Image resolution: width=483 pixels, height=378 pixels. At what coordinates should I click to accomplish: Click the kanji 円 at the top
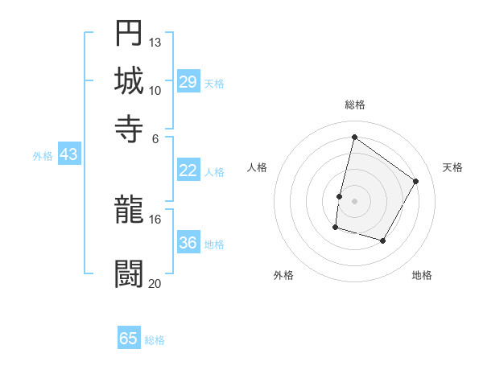click(129, 33)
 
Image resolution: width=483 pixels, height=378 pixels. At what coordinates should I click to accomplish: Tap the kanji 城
click(129, 81)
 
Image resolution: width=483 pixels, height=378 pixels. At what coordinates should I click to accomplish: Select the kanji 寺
click(129, 129)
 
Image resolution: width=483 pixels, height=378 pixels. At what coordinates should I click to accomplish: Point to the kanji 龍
click(129, 211)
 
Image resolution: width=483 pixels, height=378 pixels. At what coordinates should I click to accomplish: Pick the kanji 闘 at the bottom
click(129, 274)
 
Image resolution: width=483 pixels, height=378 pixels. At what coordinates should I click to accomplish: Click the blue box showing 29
click(188, 82)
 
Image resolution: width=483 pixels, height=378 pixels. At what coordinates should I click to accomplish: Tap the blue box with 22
click(188, 171)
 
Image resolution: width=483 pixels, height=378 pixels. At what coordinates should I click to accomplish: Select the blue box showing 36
click(188, 244)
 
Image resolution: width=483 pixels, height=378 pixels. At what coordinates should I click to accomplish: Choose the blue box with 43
click(68, 154)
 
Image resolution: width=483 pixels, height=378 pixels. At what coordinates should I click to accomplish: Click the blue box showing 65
click(129, 339)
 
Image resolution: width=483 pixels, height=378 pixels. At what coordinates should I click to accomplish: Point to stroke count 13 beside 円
click(155, 42)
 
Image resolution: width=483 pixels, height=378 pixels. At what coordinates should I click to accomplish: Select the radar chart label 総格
click(354, 105)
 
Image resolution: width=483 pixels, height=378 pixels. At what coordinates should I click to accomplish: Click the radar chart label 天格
click(452, 167)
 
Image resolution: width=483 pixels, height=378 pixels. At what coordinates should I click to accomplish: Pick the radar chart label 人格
click(257, 167)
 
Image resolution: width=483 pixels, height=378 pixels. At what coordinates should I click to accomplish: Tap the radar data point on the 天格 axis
click(416, 181)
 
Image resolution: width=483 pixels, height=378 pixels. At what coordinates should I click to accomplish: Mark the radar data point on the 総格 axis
click(354, 137)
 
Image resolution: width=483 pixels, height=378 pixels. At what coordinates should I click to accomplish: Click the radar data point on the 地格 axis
click(383, 241)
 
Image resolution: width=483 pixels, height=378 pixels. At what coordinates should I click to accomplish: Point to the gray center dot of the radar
click(354, 201)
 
